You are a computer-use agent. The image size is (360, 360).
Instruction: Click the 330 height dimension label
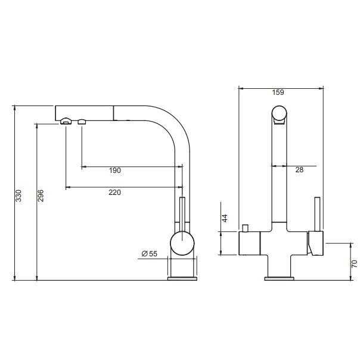(18, 195)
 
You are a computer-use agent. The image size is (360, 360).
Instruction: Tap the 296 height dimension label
(41, 195)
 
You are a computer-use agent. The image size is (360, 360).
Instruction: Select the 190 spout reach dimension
(115, 170)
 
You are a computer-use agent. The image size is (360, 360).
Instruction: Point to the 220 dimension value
(115, 192)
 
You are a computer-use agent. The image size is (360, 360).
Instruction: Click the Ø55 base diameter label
(150, 254)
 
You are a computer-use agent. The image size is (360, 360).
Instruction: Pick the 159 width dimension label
(278, 92)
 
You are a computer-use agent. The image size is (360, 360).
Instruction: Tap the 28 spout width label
(299, 170)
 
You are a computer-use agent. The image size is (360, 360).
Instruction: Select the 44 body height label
(225, 218)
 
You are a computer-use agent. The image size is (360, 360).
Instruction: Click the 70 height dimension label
(354, 263)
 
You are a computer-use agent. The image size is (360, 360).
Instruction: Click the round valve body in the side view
(182, 243)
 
